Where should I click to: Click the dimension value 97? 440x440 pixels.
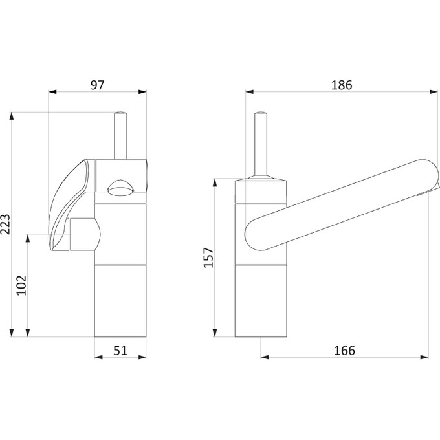(97, 85)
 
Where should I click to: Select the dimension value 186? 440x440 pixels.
(342, 85)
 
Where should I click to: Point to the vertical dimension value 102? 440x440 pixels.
(21, 285)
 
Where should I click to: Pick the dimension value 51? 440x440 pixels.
(120, 351)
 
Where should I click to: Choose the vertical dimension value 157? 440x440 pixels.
(208, 258)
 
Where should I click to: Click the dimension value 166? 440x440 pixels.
(344, 351)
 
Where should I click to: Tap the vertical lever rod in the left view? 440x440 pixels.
(120, 135)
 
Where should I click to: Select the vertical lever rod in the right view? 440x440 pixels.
(260, 144)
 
